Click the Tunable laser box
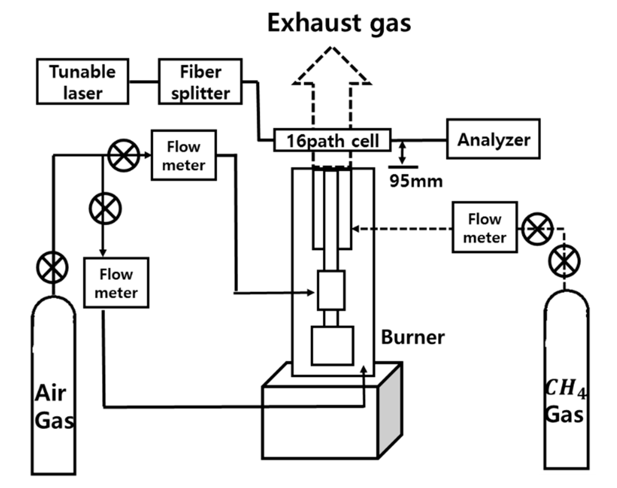click(x=83, y=82)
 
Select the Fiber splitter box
click(x=200, y=82)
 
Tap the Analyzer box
click(x=493, y=139)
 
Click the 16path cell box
click(x=332, y=140)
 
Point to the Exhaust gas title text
click(x=339, y=24)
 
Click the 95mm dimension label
click(x=416, y=181)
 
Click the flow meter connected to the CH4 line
click(x=485, y=227)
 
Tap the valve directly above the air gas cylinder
click(x=52, y=267)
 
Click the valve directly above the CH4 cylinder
click(x=565, y=261)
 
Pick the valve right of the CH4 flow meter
click(x=537, y=229)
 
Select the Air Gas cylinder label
click(x=54, y=406)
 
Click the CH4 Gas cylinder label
click(x=565, y=401)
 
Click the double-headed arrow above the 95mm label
click(x=402, y=153)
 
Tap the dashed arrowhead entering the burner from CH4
click(x=356, y=229)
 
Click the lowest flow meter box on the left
click(x=116, y=283)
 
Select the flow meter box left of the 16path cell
click(x=184, y=155)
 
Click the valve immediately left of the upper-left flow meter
click(x=124, y=155)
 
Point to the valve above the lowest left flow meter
click(x=105, y=208)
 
